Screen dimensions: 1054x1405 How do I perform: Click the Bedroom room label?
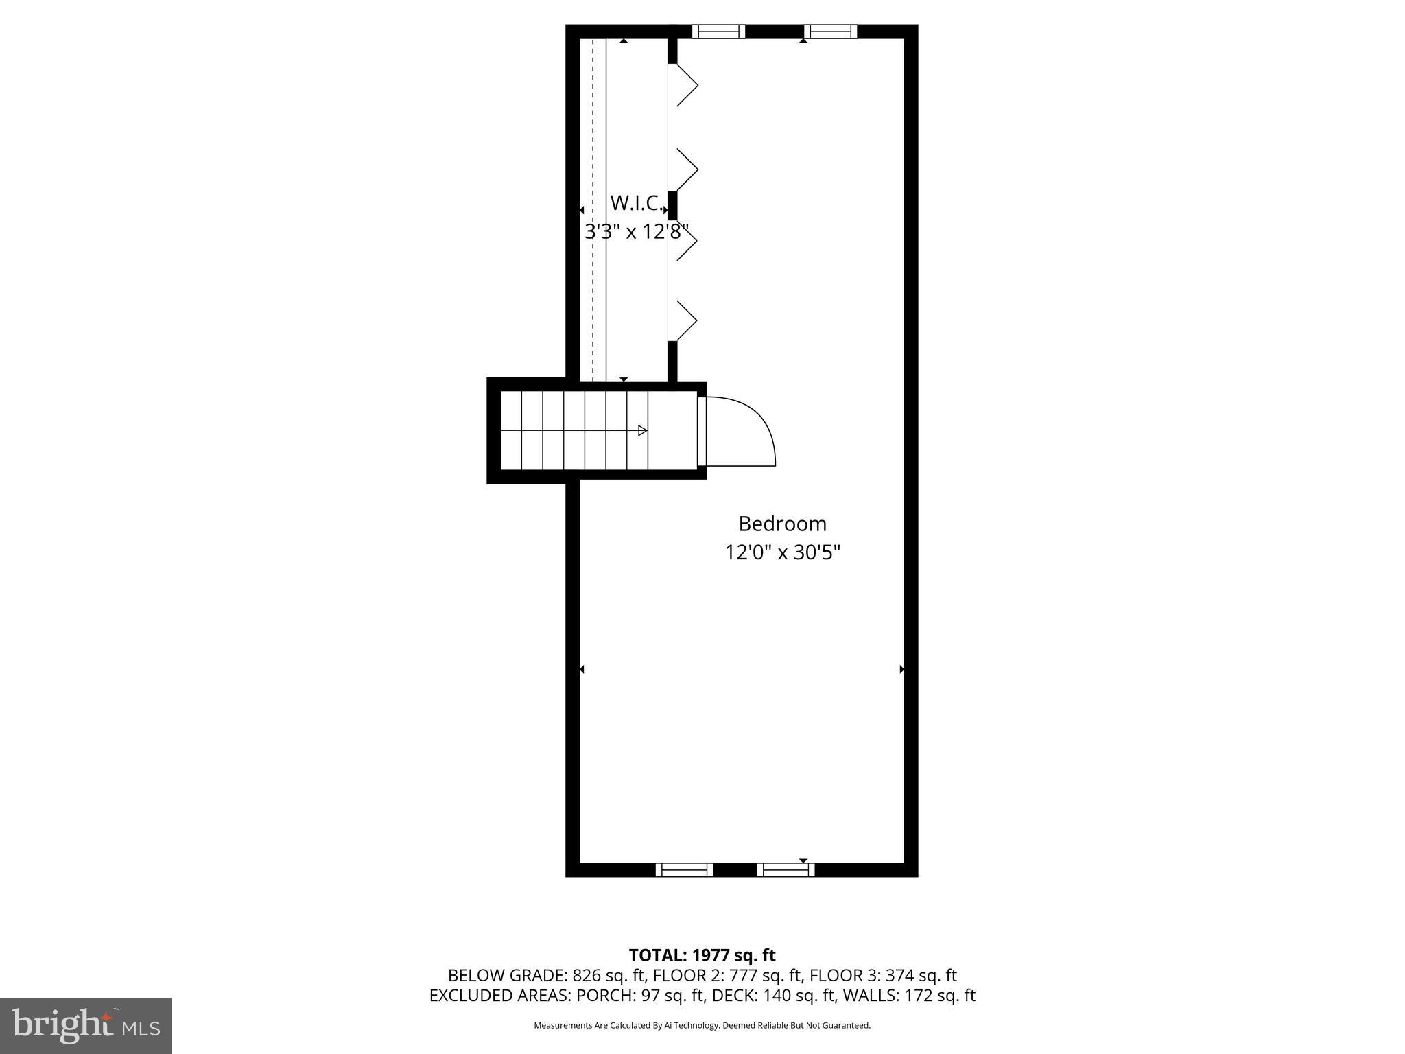(782, 524)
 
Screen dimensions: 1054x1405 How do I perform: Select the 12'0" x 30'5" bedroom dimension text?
(782, 552)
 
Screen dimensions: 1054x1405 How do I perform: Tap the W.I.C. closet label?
(636, 203)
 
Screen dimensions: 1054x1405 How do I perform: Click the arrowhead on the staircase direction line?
(642, 431)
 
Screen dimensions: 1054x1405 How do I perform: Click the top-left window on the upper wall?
(718, 32)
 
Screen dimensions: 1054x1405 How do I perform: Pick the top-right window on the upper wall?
(830, 32)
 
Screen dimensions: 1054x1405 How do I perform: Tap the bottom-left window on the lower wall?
(684, 870)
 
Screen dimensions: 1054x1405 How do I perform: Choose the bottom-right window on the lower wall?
(786, 870)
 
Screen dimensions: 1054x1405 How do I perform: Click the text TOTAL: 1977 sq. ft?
(702, 955)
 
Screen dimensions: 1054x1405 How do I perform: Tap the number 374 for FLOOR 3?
(899, 975)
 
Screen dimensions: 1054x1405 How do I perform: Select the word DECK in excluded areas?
(733, 996)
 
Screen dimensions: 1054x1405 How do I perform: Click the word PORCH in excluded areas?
(600, 996)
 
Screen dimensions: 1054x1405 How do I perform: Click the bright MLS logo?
(86, 1025)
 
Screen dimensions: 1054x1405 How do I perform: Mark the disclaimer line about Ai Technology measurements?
(702, 1025)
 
